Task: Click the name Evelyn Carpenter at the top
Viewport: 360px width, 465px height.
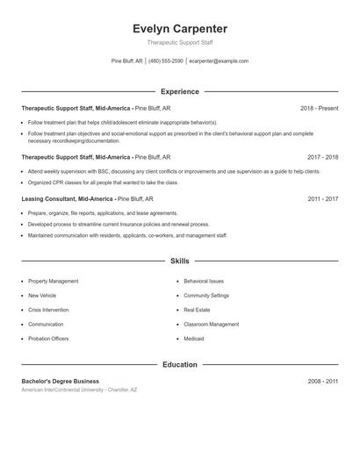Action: (x=179, y=29)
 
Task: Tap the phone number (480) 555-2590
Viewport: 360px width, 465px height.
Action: (x=166, y=61)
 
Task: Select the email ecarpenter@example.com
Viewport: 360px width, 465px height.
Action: (x=219, y=61)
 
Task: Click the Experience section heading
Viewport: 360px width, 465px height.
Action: (x=179, y=91)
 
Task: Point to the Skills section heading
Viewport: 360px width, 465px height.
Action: (x=179, y=261)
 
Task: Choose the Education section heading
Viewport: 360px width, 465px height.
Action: (x=179, y=364)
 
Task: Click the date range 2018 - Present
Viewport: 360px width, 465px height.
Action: (x=319, y=108)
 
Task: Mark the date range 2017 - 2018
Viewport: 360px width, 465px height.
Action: (x=322, y=157)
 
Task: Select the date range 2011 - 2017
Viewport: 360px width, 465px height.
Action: (x=322, y=199)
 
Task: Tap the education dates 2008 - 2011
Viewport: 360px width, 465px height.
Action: (x=322, y=382)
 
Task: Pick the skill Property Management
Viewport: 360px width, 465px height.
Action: (x=53, y=281)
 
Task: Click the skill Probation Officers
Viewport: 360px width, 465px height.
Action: (x=48, y=338)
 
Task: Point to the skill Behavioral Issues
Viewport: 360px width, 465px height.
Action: (x=204, y=281)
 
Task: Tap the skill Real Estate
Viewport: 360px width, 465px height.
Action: (x=196, y=310)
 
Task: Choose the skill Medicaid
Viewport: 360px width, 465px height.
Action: (x=193, y=338)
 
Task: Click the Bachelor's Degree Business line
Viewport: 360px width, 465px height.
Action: (x=61, y=382)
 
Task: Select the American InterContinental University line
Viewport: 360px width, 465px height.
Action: (x=79, y=390)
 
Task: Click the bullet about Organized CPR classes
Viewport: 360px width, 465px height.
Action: (x=103, y=182)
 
